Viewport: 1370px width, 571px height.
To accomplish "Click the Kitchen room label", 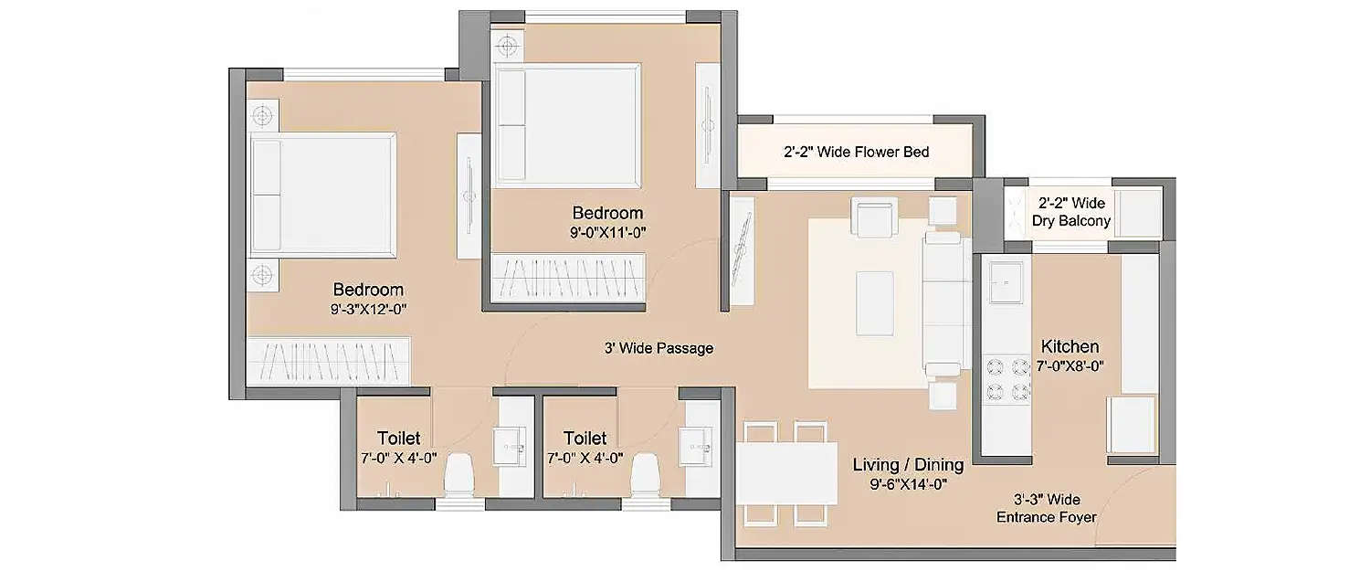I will pyautogui.click(x=1070, y=347).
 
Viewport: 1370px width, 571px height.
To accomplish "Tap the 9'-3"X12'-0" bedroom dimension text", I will pyautogui.click(x=368, y=309).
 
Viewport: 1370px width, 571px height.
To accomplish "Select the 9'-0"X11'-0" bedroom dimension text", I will pyautogui.click(x=607, y=232).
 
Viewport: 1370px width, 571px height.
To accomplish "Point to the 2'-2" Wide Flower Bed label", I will pyautogui.click(x=856, y=152).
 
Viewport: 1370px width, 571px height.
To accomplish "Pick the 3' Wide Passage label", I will pyautogui.click(x=658, y=348).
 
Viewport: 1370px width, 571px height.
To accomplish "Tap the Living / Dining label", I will pyautogui.click(x=907, y=466).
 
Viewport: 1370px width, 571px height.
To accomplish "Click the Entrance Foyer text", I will pyautogui.click(x=1046, y=517).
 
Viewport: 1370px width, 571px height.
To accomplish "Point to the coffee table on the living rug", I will pyautogui.click(x=875, y=303).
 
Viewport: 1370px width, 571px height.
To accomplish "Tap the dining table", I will pyautogui.click(x=786, y=473).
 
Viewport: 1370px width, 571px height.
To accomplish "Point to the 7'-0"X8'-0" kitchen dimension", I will pyautogui.click(x=1070, y=365).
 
